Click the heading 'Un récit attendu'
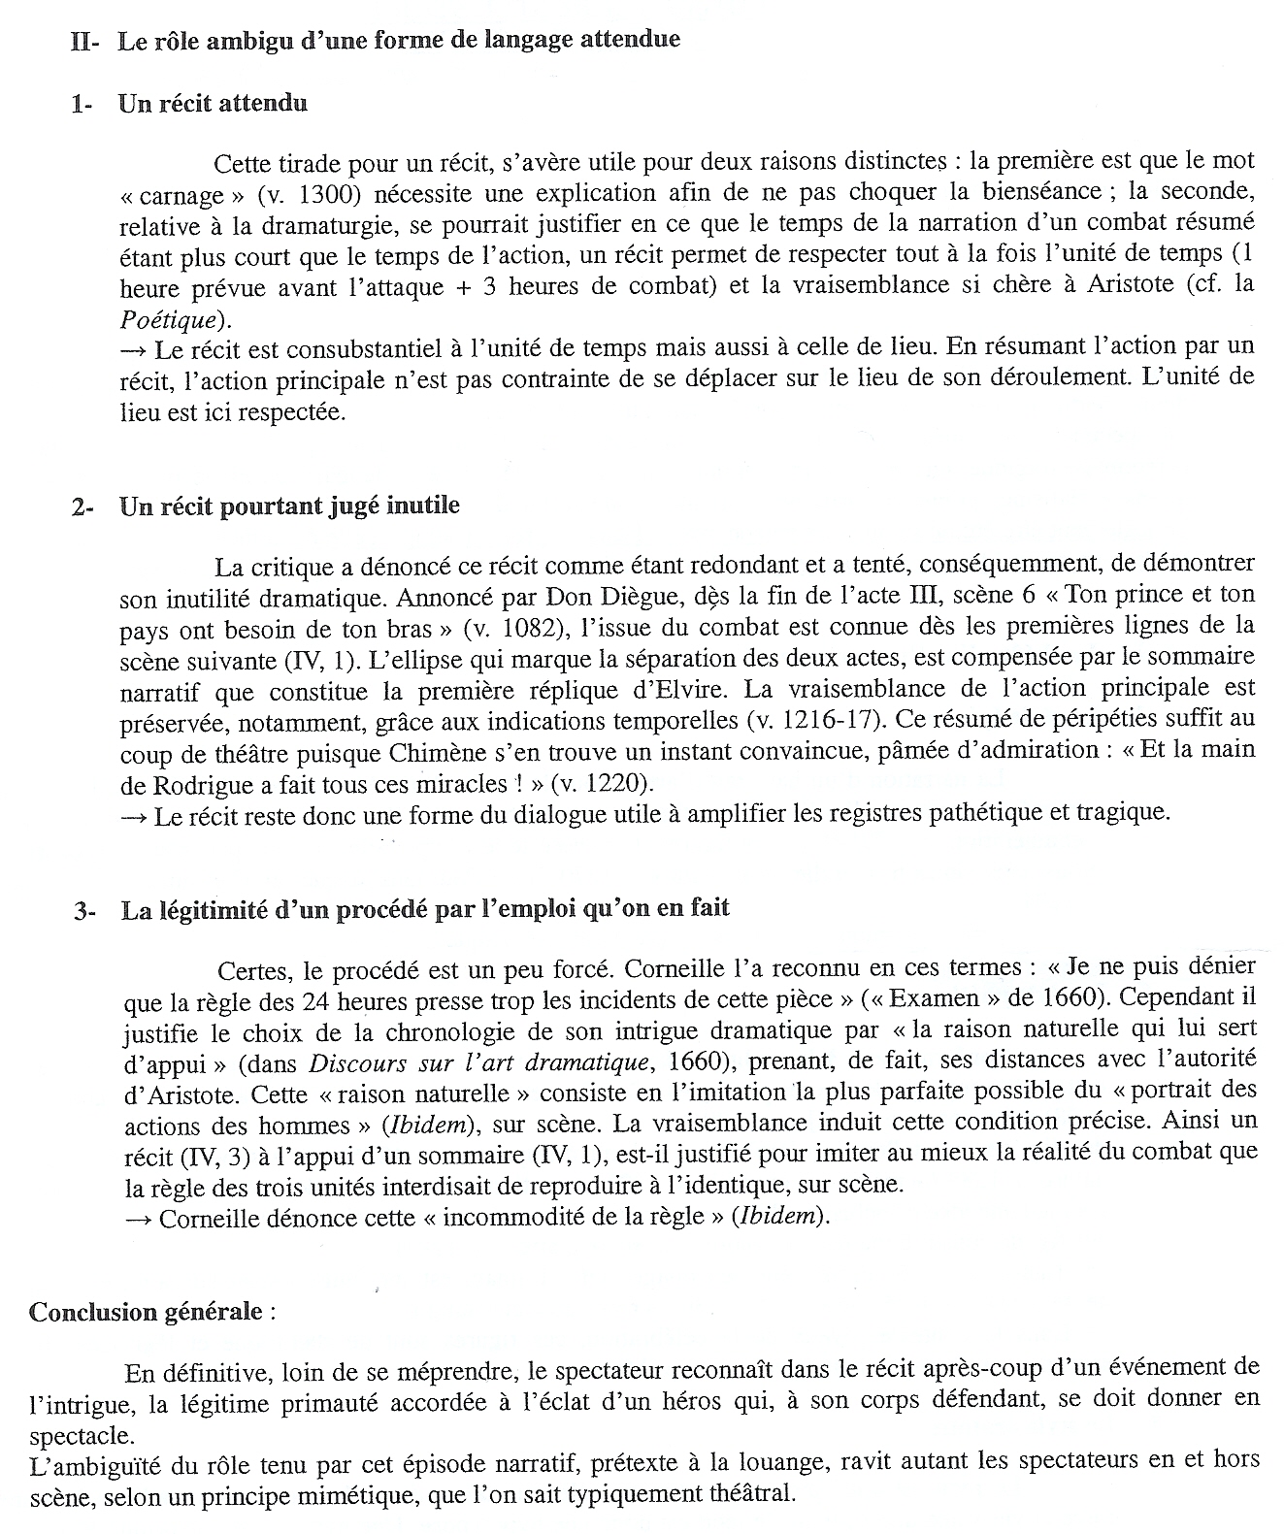click(x=213, y=104)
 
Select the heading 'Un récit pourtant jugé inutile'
click(x=288, y=506)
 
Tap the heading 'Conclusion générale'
click(x=146, y=1312)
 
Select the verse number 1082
click(x=525, y=628)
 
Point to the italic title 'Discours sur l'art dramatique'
click(x=466, y=1062)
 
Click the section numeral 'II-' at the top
click(x=85, y=42)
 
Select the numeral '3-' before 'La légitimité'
click(x=84, y=910)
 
